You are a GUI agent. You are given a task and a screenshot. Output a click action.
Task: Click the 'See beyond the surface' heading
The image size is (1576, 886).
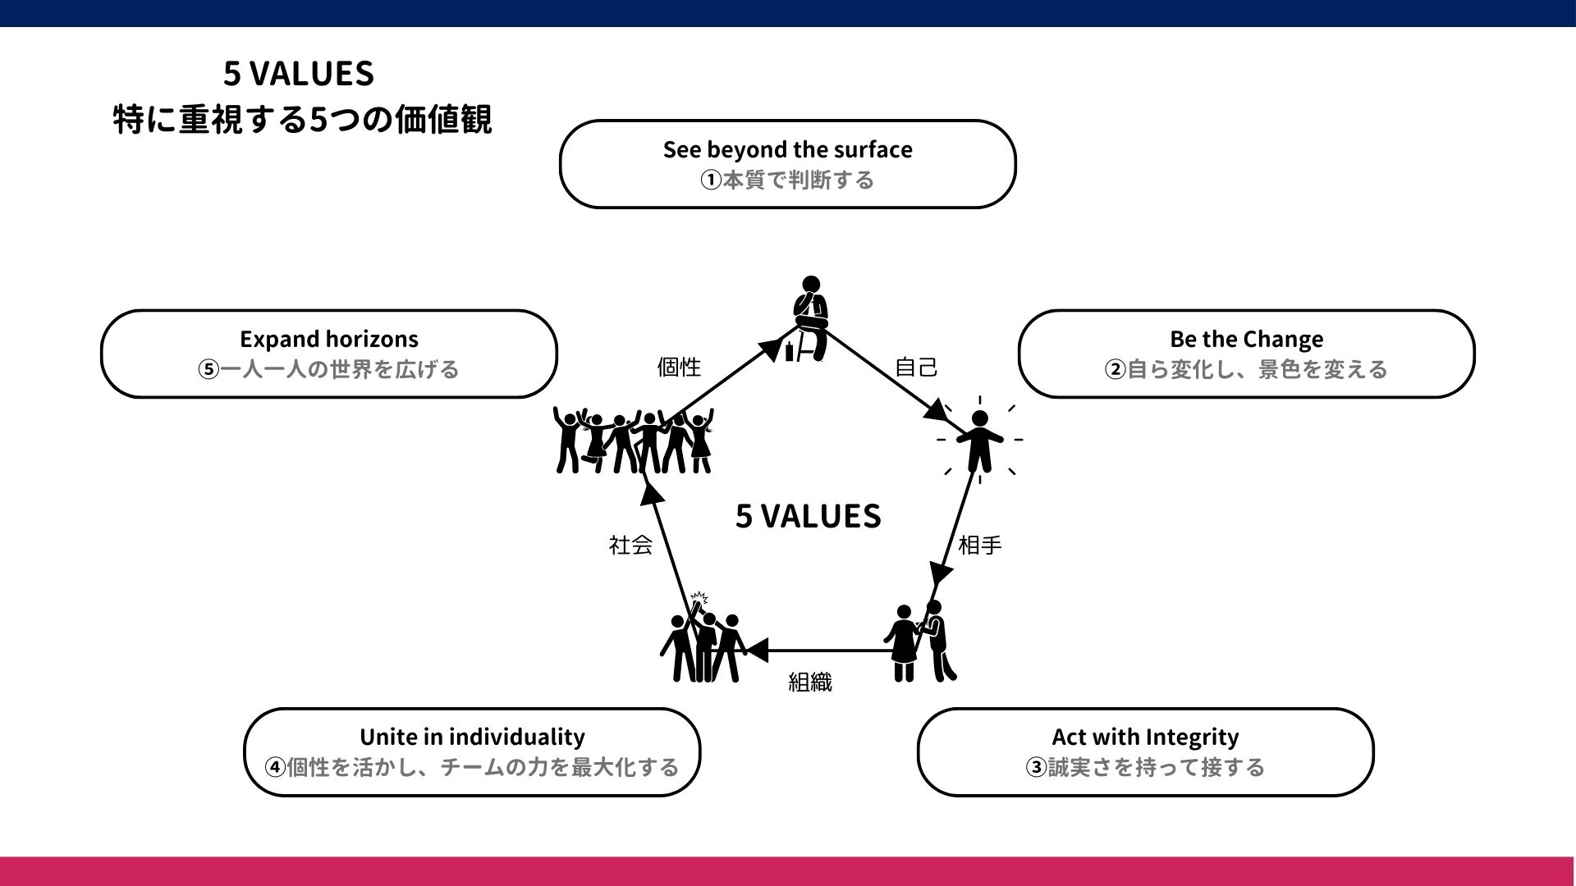click(787, 149)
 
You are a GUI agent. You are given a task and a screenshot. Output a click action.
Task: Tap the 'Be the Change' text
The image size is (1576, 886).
click(1246, 339)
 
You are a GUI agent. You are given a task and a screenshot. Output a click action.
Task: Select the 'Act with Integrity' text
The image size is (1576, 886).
click(1145, 737)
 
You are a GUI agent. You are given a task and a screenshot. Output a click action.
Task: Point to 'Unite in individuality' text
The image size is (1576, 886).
click(472, 737)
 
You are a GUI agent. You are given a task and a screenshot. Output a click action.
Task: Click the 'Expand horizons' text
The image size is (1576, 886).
click(328, 339)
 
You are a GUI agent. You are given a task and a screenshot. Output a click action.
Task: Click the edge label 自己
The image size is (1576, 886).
click(916, 367)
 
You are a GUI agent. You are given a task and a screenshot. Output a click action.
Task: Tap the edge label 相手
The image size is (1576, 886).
click(979, 545)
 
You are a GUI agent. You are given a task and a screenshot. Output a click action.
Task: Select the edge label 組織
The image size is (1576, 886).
click(809, 682)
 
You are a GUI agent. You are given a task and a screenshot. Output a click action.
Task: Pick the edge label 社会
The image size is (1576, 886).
click(630, 545)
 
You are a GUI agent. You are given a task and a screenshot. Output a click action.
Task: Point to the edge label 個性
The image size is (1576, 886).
click(679, 367)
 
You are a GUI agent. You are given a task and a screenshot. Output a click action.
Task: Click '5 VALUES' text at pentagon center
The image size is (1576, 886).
click(808, 516)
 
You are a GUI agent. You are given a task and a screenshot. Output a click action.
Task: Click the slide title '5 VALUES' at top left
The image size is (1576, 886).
click(299, 74)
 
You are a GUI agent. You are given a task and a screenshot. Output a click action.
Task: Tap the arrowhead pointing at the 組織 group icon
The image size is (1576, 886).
click(755, 651)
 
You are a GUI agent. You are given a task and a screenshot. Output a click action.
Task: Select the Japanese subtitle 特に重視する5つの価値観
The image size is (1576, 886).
click(302, 120)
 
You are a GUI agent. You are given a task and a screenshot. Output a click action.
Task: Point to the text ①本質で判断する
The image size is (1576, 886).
click(787, 180)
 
